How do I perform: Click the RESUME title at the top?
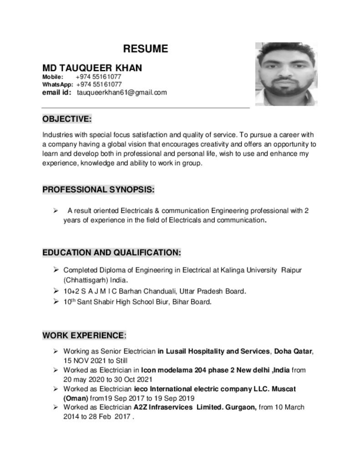tap(146, 49)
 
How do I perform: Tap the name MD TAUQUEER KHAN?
tap(92, 68)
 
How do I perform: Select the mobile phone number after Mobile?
tap(99, 77)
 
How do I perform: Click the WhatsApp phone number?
tap(99, 85)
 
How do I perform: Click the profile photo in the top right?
tap(286, 74)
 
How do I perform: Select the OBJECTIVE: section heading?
tap(67, 119)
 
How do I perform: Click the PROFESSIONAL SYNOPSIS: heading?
tap(98, 190)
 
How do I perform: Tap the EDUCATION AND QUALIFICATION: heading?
tap(112, 252)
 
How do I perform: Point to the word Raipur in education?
tap(292, 270)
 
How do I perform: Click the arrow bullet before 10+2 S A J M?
tap(55, 290)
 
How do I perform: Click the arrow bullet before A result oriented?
tap(55, 210)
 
